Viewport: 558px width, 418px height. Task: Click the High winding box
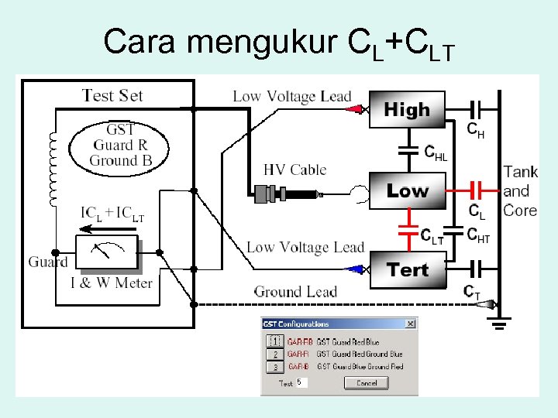[x=407, y=111]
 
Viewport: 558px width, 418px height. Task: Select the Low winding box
[x=408, y=190]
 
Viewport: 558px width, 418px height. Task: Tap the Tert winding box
[x=408, y=270]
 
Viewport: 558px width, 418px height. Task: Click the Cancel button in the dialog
[x=367, y=382]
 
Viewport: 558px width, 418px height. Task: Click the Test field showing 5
[x=301, y=382]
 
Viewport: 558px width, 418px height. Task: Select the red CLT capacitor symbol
[x=408, y=229]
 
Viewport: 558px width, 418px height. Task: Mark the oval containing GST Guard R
[x=120, y=146]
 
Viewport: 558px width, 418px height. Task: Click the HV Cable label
[x=294, y=170]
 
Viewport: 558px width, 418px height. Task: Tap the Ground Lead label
[x=295, y=292]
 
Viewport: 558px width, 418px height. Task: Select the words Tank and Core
[x=520, y=190]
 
